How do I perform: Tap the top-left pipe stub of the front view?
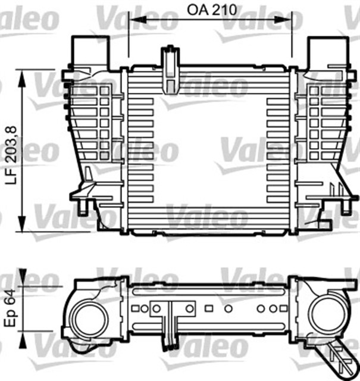90,52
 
